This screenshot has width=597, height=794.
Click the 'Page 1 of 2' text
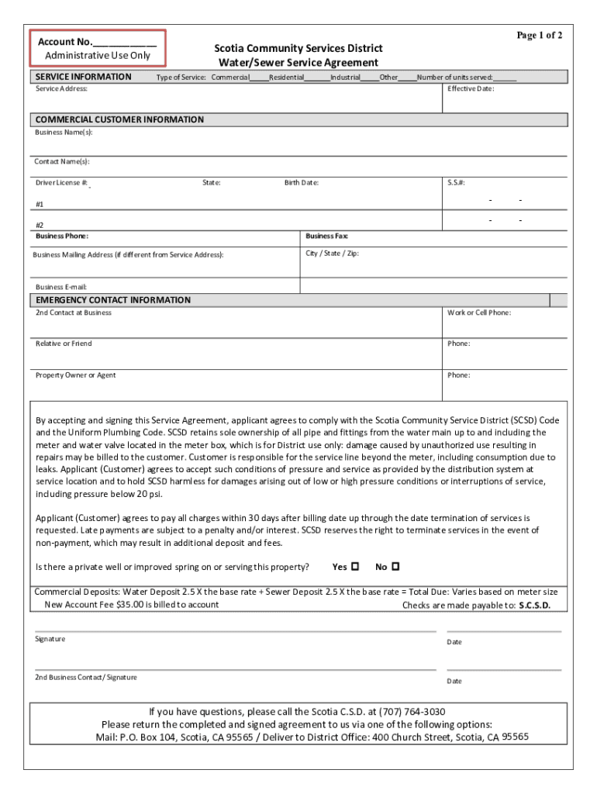pos(540,36)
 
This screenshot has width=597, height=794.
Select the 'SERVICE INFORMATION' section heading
pos(84,77)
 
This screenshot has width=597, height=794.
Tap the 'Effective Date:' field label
pos(471,89)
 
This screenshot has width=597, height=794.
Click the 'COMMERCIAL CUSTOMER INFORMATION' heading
pos(119,119)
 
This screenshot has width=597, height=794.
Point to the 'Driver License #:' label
pos(62,183)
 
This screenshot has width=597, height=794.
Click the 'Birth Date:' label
pos(301,183)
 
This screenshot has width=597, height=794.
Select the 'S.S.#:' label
pos(456,183)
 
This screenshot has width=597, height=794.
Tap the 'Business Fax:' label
pos(326,236)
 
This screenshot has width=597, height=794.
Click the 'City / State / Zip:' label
pos(332,254)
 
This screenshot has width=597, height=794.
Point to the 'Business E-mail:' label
pos(61,287)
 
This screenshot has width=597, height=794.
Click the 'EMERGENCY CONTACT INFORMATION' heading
pos(112,300)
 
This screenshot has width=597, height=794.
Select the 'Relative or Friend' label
pos(64,343)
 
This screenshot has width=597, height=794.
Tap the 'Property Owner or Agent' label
pos(75,375)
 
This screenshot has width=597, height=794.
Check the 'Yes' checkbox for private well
pos(355,567)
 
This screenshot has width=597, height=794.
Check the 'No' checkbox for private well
pos(395,567)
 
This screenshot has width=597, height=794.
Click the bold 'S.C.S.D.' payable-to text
pos(534,606)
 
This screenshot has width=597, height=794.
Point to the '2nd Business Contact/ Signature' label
pos(86,678)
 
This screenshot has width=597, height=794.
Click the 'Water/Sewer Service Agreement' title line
pos(298,63)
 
